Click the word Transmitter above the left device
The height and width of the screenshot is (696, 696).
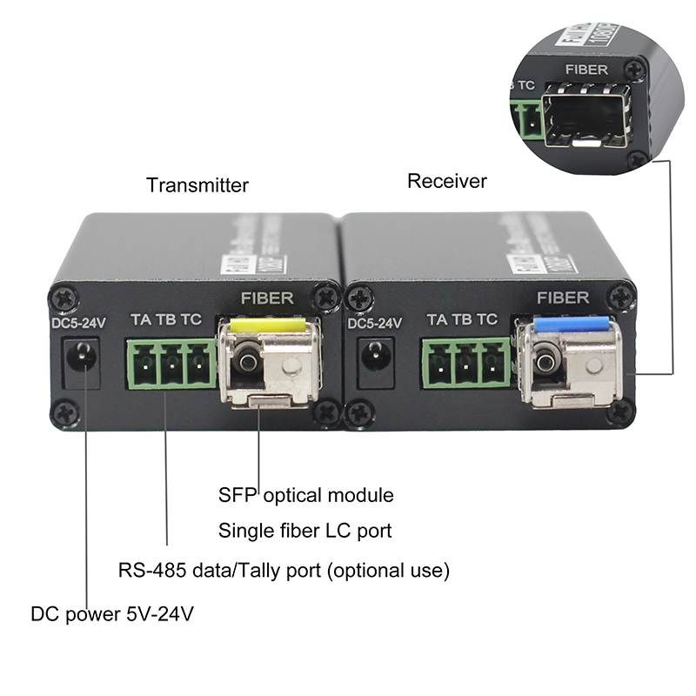pyautogui.click(x=197, y=185)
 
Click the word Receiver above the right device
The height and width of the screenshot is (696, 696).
pyautogui.click(x=447, y=181)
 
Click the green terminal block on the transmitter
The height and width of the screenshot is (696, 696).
pyautogui.click(x=172, y=364)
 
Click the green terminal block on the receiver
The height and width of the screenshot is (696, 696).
pyautogui.click(x=467, y=362)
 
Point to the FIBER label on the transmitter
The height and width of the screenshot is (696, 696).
pyautogui.click(x=267, y=298)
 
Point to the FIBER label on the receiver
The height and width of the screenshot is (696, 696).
pyautogui.click(x=563, y=298)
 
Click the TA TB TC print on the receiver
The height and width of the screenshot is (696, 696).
pyautogui.click(x=462, y=320)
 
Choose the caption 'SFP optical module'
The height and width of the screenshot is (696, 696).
pyautogui.click(x=305, y=496)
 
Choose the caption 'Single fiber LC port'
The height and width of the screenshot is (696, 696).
pyautogui.click(x=305, y=530)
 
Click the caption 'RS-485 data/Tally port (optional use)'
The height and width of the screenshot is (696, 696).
pyautogui.click(x=284, y=571)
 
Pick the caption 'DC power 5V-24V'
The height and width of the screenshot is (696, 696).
pyautogui.click(x=112, y=614)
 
